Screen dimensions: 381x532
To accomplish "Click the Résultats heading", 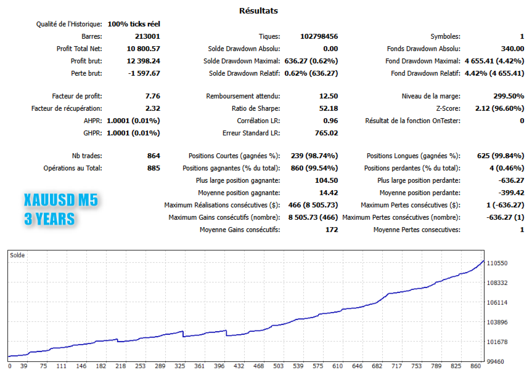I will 258,10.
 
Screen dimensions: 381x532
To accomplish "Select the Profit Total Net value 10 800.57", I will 143,49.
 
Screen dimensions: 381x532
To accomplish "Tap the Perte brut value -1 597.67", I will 144,73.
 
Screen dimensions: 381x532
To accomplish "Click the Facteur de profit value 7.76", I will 152,96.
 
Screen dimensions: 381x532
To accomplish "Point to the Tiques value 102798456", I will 318,36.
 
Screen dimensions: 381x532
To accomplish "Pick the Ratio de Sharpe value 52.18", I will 327,108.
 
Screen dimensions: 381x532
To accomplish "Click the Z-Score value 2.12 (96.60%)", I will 499,108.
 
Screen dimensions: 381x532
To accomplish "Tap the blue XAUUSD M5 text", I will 60,200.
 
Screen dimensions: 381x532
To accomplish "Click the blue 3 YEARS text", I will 49,219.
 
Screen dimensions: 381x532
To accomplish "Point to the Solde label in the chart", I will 17,255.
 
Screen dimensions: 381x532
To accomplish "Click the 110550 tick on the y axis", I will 497,263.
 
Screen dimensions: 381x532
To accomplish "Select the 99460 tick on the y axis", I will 496,361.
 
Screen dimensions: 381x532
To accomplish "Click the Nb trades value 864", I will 153,156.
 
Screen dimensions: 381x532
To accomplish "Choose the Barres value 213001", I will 147,36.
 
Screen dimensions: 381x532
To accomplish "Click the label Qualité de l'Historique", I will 69,24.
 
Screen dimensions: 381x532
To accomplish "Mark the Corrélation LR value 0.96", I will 330,121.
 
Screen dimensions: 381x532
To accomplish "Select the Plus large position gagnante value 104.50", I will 326,180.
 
